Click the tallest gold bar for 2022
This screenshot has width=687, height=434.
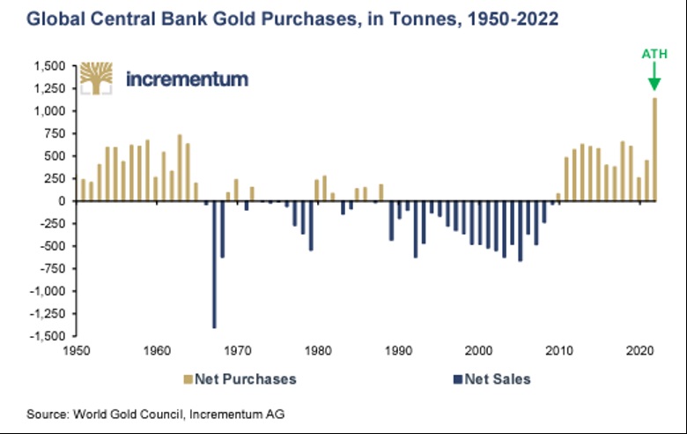[654, 149]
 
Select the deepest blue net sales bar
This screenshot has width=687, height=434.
[214, 265]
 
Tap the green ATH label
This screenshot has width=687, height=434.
[654, 55]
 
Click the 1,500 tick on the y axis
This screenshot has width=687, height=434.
[51, 66]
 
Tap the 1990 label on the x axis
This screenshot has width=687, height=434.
[399, 350]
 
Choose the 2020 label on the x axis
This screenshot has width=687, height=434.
[639, 350]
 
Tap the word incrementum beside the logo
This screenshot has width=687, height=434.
[187, 79]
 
